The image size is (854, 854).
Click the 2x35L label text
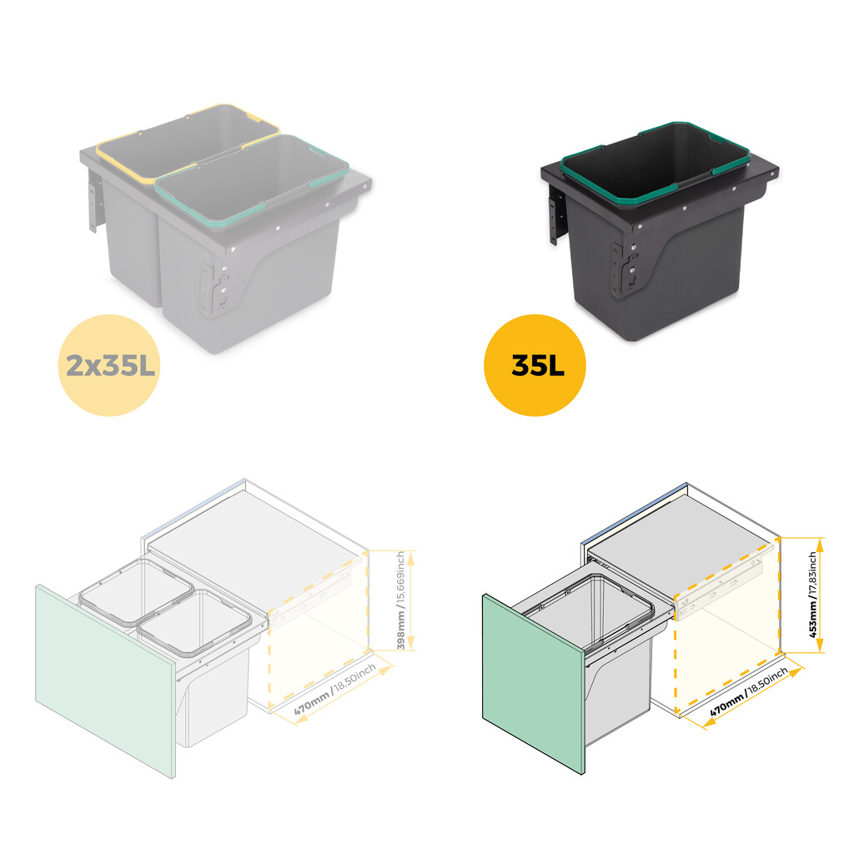(x=107, y=365)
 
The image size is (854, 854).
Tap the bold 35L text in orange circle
(x=535, y=365)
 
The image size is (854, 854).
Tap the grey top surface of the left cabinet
(x=250, y=534)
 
